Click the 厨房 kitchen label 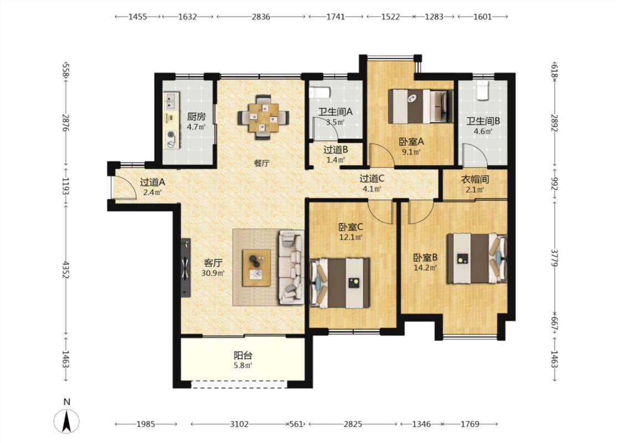point(196,117)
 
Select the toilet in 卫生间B point(483,90)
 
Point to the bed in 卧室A point(421,106)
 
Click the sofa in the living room point(291,267)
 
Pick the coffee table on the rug point(256,267)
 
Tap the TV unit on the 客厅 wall point(186,267)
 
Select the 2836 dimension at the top point(261,17)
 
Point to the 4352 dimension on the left point(65,269)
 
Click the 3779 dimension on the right point(555,259)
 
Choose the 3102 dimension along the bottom point(239,424)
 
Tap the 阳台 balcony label point(243,355)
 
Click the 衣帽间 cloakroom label point(475,179)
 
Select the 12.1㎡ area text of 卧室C point(351,237)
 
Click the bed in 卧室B point(477,258)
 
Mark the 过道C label point(372,179)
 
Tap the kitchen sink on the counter point(171,101)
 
